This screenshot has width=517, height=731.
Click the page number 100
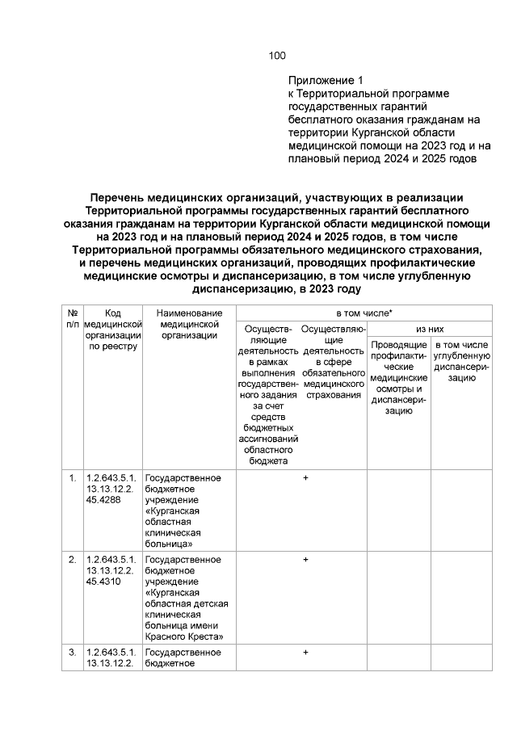[x=276, y=56]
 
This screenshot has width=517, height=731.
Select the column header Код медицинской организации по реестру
[x=112, y=329]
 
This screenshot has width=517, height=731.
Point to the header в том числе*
[x=369, y=313]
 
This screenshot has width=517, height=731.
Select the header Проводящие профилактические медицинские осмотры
[x=398, y=378]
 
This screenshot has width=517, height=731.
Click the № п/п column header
[x=72, y=317]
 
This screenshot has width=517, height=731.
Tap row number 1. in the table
[x=73, y=478]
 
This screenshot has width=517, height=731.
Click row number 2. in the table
[x=73, y=559]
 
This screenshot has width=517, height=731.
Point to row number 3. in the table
[x=73, y=652]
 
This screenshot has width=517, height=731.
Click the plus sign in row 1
[x=305, y=478]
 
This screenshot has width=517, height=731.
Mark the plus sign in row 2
[x=305, y=559]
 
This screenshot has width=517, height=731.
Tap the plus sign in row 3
[x=305, y=652]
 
